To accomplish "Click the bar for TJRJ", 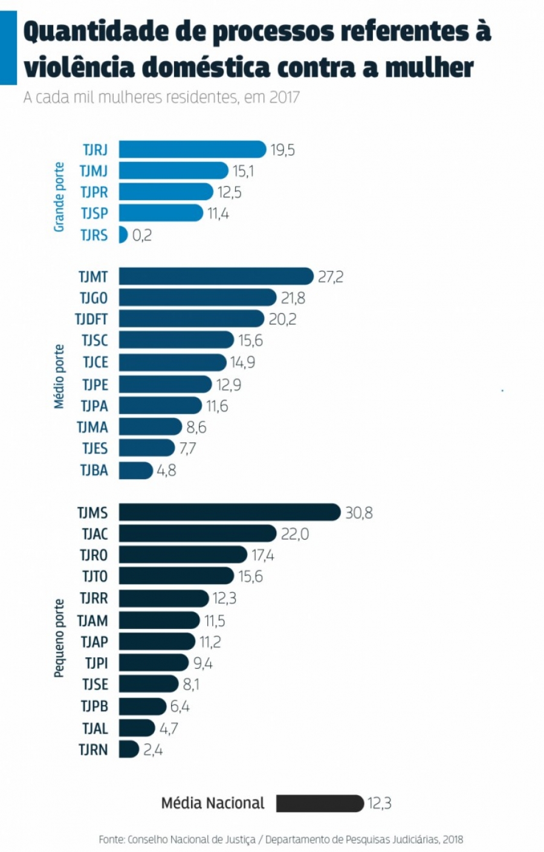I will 192,149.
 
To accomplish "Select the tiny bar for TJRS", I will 123,234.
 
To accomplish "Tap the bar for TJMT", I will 216,276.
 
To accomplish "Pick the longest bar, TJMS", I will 230,512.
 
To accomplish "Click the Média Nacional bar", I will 320,803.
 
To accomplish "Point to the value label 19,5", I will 283,150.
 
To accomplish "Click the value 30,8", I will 359,513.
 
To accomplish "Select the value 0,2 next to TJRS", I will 142,235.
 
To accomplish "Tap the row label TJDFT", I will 91,319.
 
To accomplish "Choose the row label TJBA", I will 94,470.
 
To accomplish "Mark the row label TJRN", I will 93,750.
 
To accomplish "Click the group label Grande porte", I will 59,196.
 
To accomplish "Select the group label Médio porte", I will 59,376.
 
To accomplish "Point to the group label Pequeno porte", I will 59,638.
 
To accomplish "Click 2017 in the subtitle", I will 284,97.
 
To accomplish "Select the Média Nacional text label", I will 213,803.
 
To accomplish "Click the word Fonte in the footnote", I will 112,839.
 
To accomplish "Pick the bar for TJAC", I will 198,534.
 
